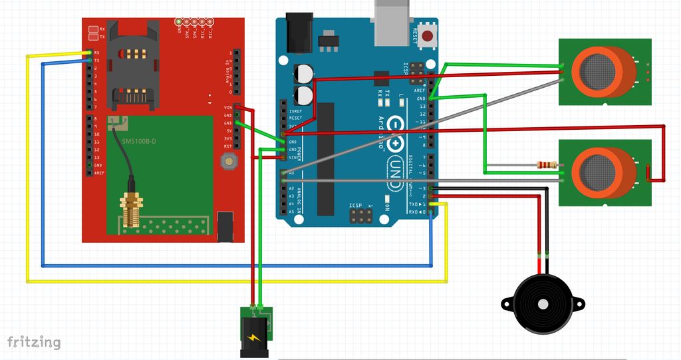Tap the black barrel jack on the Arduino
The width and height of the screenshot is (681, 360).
(299, 33)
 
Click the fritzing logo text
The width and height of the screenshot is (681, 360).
(34, 342)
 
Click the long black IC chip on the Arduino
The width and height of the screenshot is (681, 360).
(326, 159)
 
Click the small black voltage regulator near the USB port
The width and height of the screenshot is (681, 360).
(328, 42)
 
